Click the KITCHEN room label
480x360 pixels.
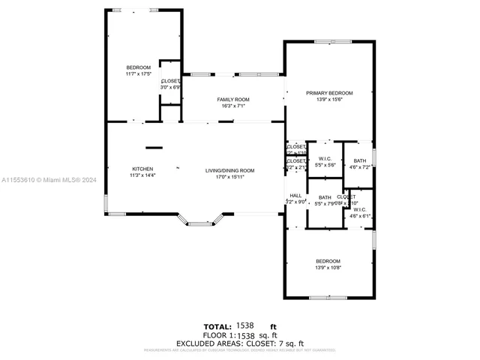click(x=142, y=169)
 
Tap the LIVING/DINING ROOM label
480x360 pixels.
click(x=230, y=170)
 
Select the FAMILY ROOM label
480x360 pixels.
click(x=233, y=100)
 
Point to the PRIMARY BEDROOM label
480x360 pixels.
click(x=329, y=93)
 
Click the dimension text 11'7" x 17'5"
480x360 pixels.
click(x=139, y=73)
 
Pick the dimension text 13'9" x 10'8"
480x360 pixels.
click(x=328, y=267)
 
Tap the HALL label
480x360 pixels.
click(x=295, y=195)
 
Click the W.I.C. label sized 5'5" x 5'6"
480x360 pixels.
click(x=325, y=158)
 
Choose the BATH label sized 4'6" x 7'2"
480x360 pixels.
click(x=360, y=160)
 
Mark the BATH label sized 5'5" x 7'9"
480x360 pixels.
click(x=325, y=197)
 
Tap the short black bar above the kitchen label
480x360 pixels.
click(x=154, y=148)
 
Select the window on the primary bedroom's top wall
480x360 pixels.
click(x=328, y=41)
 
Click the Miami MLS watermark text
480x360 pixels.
click(x=49, y=180)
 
